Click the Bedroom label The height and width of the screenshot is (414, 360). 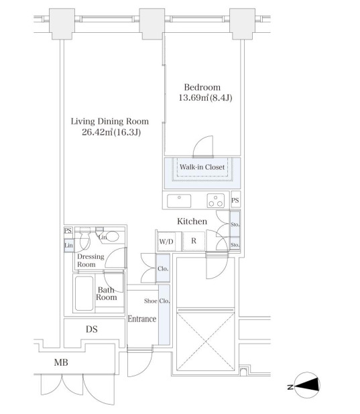(x=202, y=87)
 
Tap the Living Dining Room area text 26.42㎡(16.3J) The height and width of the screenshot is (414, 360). (x=111, y=132)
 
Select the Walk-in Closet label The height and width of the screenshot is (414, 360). (x=202, y=167)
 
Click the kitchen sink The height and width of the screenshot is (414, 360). (x=179, y=201)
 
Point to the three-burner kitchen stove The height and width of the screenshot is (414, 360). (x=216, y=201)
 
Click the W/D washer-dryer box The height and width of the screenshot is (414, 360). (x=167, y=242)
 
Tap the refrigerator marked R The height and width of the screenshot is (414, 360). (x=194, y=241)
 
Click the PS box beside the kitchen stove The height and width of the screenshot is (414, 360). (x=235, y=200)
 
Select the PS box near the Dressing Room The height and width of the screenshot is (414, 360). (x=68, y=231)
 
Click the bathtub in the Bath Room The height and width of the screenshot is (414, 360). (x=84, y=293)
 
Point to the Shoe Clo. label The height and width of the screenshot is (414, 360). (x=157, y=301)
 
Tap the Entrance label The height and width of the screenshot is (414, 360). (x=142, y=319)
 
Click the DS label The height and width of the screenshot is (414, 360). (x=92, y=329)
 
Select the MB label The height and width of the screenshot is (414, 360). (x=61, y=362)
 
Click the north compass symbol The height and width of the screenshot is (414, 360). (x=307, y=384)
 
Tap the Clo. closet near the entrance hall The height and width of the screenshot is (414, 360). (x=163, y=268)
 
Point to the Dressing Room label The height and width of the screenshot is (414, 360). (x=91, y=260)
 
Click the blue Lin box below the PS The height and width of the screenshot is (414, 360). (x=69, y=246)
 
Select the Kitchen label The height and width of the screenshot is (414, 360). (x=192, y=221)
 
